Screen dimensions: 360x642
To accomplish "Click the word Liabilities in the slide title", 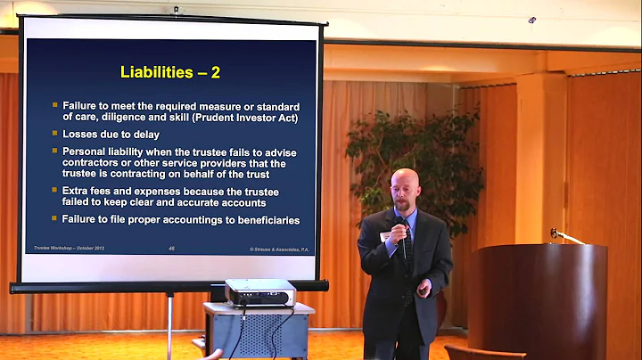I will point(158,71).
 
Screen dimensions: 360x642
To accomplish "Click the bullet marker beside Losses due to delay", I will point(54,134).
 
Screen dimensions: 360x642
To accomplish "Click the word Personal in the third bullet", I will point(86,152).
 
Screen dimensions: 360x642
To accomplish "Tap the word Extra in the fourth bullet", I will point(77,192).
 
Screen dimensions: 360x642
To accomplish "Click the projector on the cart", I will point(258,291).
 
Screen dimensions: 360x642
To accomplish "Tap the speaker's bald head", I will point(405,181).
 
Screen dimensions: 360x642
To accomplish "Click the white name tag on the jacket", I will point(386,235).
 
